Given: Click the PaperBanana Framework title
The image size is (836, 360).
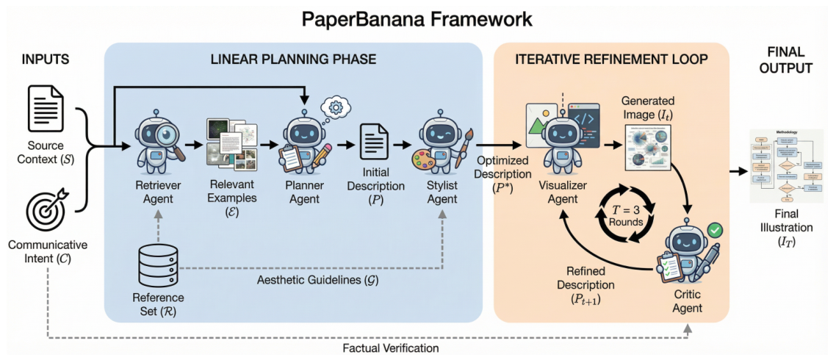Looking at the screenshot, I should pos(417,18).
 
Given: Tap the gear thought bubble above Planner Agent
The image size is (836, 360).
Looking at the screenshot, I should pos(336,107).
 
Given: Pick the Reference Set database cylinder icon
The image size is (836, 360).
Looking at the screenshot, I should pos(159,267).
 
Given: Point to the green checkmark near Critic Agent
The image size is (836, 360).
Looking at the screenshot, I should pos(715,231).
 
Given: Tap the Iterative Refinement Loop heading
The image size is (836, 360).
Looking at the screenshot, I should pos(611,58).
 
